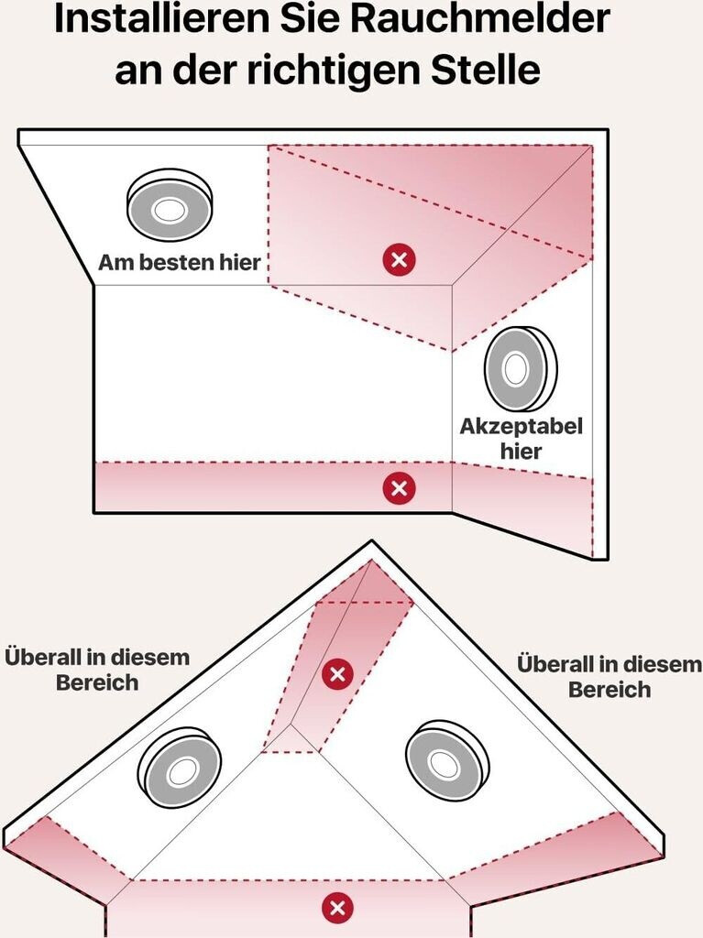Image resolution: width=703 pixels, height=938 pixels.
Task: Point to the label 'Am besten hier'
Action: pos(180,264)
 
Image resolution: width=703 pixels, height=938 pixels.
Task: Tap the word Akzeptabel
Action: pos(521,427)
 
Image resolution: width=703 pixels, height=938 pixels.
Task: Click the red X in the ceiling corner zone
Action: pos(399,260)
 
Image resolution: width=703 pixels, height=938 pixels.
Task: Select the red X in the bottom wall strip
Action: pos(399,487)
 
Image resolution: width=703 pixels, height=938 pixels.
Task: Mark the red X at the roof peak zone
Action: pos(337,675)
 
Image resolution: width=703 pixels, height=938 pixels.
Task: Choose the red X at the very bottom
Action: pos(338,908)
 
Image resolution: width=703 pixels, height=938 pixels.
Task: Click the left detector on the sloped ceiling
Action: pos(181,770)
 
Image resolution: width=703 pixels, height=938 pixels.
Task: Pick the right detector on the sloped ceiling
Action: pos(445,759)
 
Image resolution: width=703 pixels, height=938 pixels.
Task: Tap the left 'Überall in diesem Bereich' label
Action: pos(97,670)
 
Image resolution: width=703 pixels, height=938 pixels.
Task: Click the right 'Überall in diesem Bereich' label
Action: pos(609,676)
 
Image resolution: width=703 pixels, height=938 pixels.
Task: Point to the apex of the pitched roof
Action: pos(371,543)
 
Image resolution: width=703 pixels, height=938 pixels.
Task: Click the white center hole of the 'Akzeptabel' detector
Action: pos(515,371)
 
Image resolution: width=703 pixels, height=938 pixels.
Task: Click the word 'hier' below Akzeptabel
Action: pos(521,451)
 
